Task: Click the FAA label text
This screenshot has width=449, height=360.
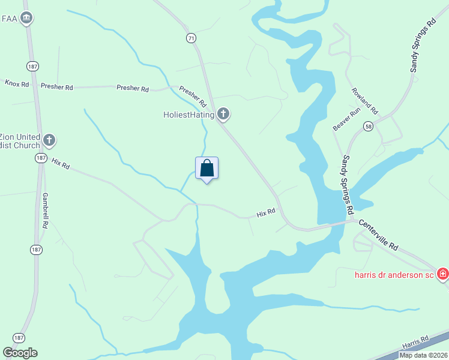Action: tap(10, 19)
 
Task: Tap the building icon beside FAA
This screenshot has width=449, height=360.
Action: tap(26, 19)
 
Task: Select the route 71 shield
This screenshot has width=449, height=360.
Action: tap(191, 38)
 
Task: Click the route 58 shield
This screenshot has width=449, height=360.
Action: tap(368, 126)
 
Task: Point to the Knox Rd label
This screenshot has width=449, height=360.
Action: tap(17, 84)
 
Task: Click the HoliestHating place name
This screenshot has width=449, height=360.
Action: tap(188, 113)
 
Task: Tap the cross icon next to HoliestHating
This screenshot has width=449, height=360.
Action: tap(223, 113)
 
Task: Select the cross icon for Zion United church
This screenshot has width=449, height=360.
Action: tap(50, 140)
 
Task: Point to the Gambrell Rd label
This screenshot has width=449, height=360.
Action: tap(44, 211)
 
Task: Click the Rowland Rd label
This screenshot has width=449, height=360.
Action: tap(364, 102)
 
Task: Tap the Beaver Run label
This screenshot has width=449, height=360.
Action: tap(346, 119)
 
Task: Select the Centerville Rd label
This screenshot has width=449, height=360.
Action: tap(379, 235)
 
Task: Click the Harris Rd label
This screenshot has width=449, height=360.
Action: tap(415, 341)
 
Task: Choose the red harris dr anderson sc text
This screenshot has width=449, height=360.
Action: tap(393, 274)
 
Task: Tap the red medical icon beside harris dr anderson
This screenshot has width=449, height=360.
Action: tap(443, 274)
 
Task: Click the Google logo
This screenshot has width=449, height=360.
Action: tap(20, 353)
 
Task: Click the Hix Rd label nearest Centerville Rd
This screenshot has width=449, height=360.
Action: tap(265, 212)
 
